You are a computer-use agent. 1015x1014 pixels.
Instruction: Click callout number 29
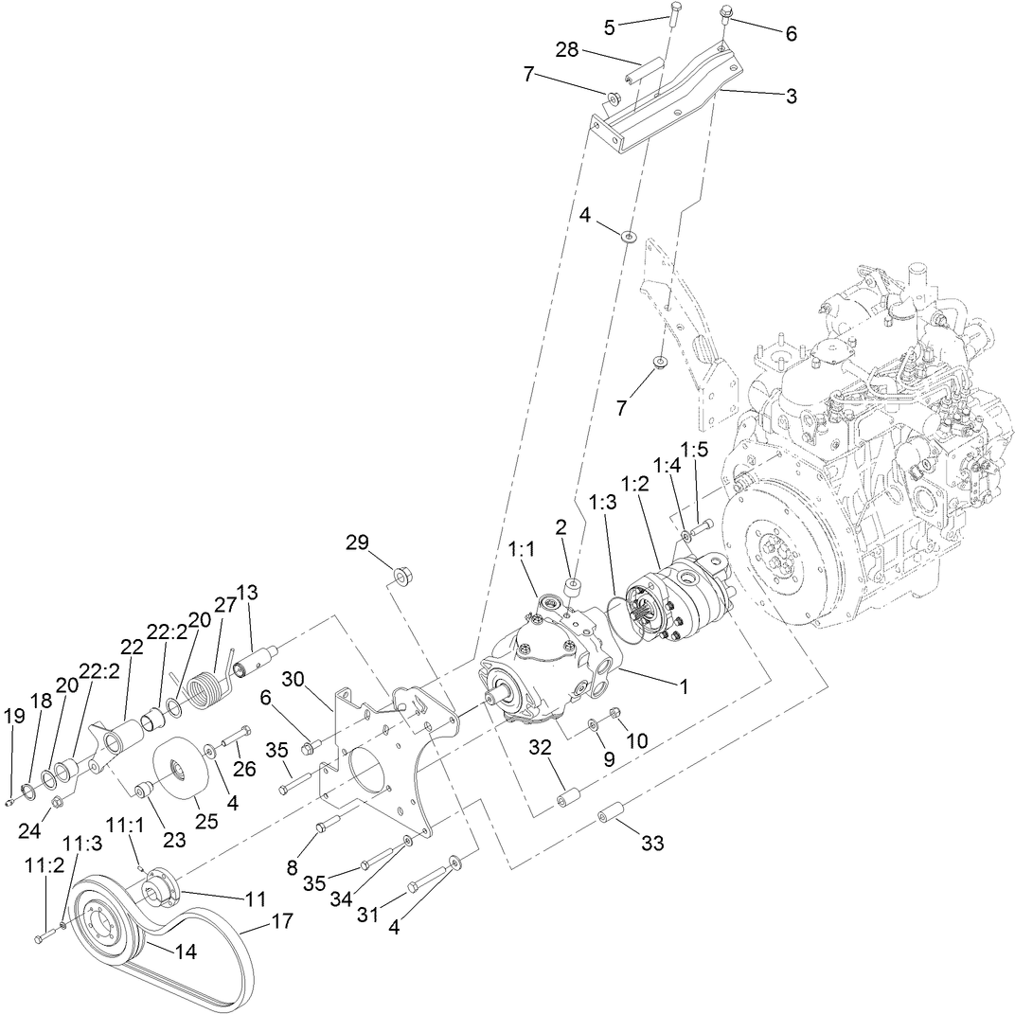(x=356, y=543)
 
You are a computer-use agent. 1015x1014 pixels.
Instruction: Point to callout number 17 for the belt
(x=282, y=920)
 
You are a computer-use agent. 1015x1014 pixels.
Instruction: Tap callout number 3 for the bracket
(x=791, y=96)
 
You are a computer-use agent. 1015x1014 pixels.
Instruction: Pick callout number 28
(x=567, y=49)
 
